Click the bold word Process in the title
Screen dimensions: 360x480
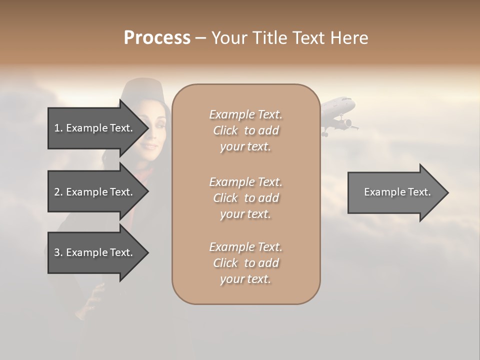[157, 37]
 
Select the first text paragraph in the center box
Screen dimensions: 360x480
[245, 130]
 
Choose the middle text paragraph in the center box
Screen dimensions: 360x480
[245, 198]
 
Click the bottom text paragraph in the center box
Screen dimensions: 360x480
[245, 263]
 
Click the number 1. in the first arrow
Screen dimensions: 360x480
[58, 128]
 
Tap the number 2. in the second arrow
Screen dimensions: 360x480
[58, 192]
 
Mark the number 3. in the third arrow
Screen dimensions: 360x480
[58, 252]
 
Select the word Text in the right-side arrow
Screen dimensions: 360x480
[420, 192]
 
